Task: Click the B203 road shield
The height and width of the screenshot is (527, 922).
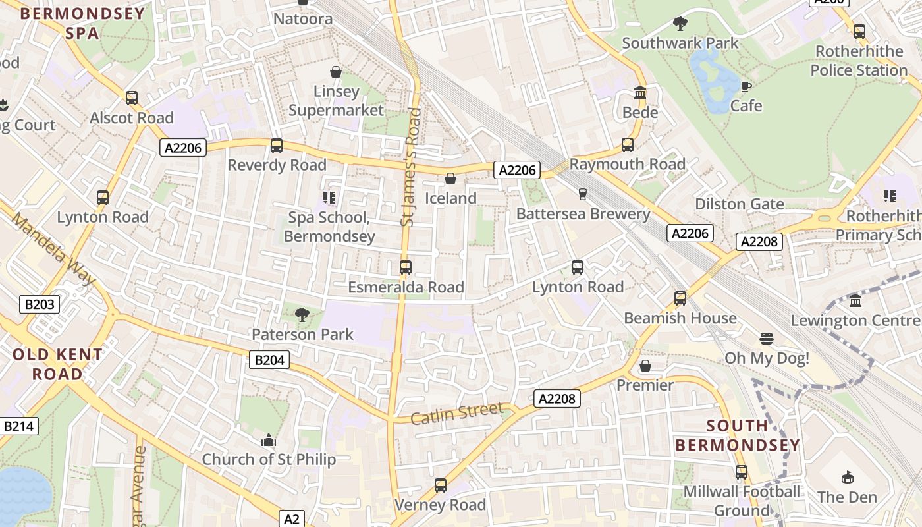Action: [40, 304]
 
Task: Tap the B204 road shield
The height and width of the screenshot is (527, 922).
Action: [269, 360]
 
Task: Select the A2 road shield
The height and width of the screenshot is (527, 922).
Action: [292, 518]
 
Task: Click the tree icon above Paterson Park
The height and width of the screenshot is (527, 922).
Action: [302, 315]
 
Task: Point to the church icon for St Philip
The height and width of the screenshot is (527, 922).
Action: [269, 440]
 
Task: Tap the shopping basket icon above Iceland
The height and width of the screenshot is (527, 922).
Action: [450, 179]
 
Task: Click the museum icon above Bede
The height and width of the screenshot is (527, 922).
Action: [640, 93]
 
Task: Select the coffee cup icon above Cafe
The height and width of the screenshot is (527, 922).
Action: [746, 86]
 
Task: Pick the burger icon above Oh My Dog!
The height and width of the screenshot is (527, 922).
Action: [766, 339]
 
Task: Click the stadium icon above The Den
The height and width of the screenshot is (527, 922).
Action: [848, 478]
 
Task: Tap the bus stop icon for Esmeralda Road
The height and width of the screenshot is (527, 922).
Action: [406, 267]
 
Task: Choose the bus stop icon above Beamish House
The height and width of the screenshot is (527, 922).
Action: [680, 298]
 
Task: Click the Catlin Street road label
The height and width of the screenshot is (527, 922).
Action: [457, 414]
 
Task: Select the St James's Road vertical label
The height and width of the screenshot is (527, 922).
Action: [410, 167]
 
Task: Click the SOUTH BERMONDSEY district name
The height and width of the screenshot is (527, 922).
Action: [738, 435]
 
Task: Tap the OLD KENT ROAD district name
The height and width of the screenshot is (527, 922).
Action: [58, 364]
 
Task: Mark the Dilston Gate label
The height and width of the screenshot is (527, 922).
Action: [740, 204]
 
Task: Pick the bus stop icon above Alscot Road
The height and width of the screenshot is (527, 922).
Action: [132, 98]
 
